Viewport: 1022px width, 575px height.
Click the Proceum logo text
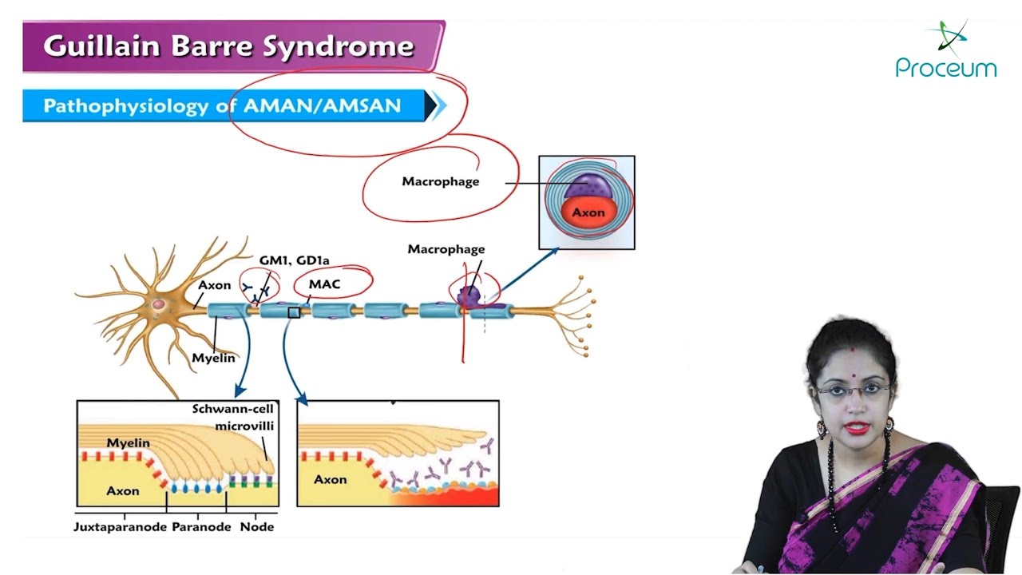pyautogui.click(x=945, y=68)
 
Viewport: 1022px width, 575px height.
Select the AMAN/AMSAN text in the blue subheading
pyautogui.click(x=322, y=106)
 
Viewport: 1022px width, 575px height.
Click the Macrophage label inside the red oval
pyautogui.click(x=440, y=181)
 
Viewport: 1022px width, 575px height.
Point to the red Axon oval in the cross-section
pyautogui.click(x=587, y=212)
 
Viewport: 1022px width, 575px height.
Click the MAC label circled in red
pyautogui.click(x=324, y=284)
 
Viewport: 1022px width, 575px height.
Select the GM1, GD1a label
pyautogui.click(x=294, y=260)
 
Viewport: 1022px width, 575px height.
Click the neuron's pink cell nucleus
pyautogui.click(x=160, y=304)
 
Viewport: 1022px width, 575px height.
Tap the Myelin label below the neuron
pyautogui.click(x=213, y=358)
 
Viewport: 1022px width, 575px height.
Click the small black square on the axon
pyautogui.click(x=294, y=312)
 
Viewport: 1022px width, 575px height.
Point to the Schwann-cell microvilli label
pyautogui.click(x=233, y=417)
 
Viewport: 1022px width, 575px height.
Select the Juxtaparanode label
pyautogui.click(x=119, y=527)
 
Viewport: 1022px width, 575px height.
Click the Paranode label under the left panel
pyautogui.click(x=201, y=527)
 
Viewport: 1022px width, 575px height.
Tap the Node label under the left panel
pyautogui.click(x=257, y=527)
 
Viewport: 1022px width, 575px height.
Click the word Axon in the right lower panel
pyautogui.click(x=330, y=479)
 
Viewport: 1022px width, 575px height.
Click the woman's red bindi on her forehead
pyautogui.click(x=853, y=350)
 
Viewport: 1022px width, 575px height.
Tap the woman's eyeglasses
pyautogui.click(x=853, y=391)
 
